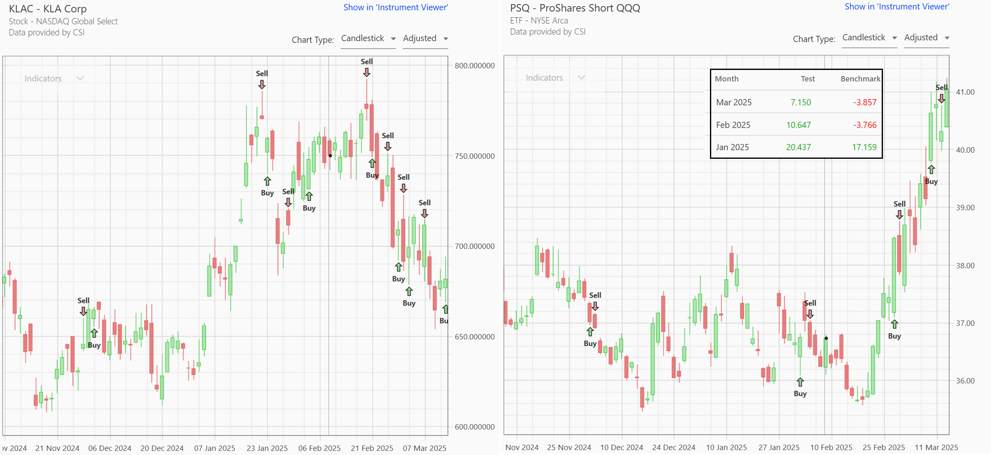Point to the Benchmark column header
[x=860, y=79]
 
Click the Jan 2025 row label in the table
[x=732, y=147]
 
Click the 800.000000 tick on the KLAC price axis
[x=475, y=66]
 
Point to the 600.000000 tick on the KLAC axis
[x=475, y=427]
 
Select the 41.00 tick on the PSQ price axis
[x=965, y=92]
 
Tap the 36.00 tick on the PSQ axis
[x=965, y=381]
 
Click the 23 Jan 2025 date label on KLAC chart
[x=267, y=448]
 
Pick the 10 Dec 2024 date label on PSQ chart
[x=621, y=448]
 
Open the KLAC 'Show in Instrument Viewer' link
[x=396, y=7]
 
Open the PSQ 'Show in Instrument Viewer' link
[x=897, y=7]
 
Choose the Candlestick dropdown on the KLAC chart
[x=368, y=39]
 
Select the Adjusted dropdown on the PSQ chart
[x=926, y=38]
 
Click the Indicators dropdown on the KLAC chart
[x=53, y=79]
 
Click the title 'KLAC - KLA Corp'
[x=48, y=9]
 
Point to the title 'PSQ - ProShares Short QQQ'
[x=575, y=8]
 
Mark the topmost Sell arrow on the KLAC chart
[x=366, y=72]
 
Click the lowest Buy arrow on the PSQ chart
[x=800, y=382]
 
